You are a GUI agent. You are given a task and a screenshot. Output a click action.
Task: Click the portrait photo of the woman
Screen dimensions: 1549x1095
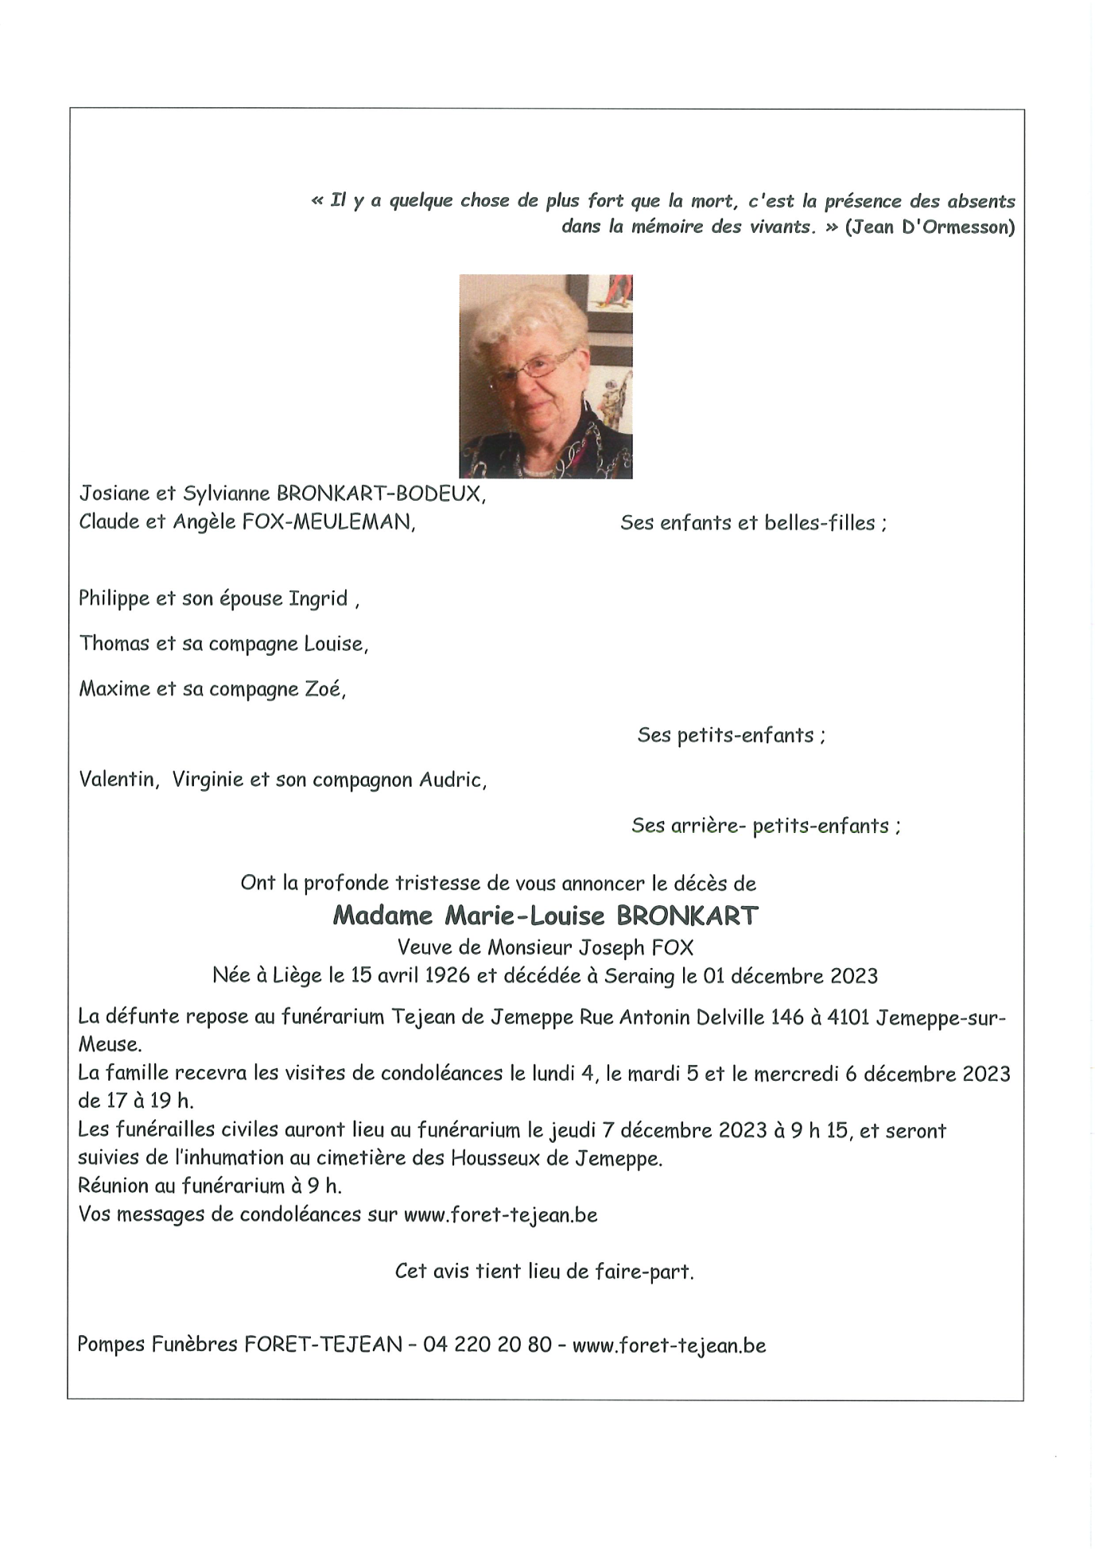click(x=546, y=376)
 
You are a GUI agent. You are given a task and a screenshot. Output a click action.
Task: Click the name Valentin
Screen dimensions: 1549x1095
click(x=117, y=780)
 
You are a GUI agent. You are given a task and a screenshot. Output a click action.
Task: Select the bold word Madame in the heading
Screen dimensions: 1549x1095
click(x=382, y=916)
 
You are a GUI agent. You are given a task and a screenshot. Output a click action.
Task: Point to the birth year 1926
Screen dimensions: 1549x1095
click(x=448, y=976)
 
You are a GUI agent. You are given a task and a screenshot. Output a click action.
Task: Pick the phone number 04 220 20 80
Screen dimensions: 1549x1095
click(x=487, y=1345)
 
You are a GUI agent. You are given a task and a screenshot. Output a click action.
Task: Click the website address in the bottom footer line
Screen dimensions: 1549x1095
click(x=669, y=1345)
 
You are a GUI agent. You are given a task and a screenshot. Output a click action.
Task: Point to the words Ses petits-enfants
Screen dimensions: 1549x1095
click(x=731, y=735)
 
